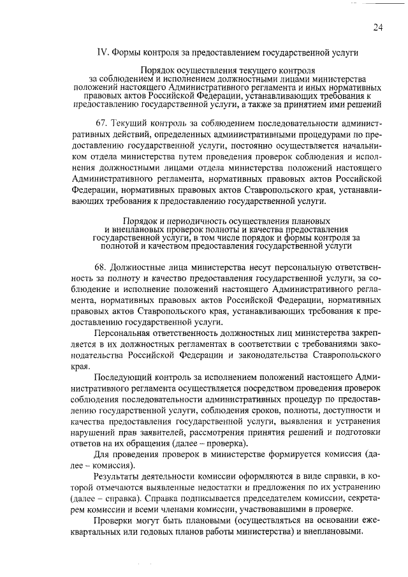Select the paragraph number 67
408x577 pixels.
pos(99,121)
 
